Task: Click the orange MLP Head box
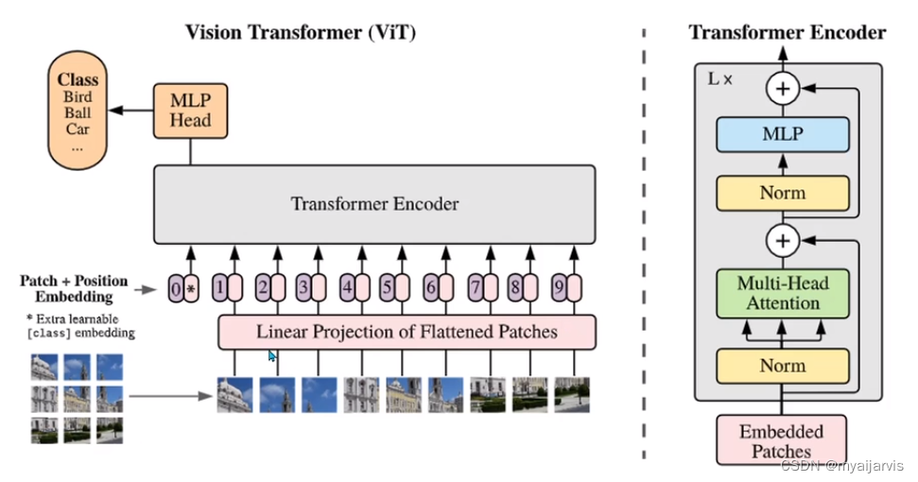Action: click(x=190, y=111)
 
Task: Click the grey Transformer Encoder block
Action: click(x=374, y=204)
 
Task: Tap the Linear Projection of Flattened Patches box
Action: click(x=407, y=332)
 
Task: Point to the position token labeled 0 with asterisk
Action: click(x=182, y=288)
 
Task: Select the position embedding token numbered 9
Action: click(x=566, y=288)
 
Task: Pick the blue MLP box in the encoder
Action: click(x=783, y=134)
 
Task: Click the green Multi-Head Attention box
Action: click(x=783, y=292)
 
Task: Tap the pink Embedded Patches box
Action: click(x=781, y=440)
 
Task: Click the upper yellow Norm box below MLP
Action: click(x=783, y=193)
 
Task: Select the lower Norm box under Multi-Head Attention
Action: click(x=783, y=366)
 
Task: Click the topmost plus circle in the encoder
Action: click(x=783, y=90)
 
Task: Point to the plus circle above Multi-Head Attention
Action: click(x=783, y=242)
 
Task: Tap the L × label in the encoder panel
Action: click(x=719, y=79)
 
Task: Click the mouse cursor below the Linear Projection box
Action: click(x=272, y=356)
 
